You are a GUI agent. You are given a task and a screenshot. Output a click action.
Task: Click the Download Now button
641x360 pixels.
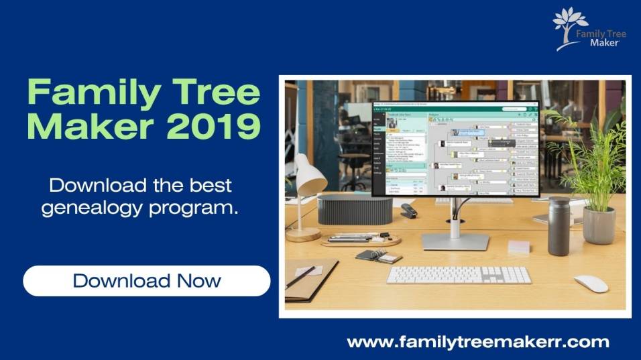coord(147,280)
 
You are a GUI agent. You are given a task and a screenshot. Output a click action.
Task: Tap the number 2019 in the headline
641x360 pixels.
coord(214,127)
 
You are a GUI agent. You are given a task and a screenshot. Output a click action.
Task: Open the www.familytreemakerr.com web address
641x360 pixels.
coord(478,342)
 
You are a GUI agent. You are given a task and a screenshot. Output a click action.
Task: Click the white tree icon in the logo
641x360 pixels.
coord(570,25)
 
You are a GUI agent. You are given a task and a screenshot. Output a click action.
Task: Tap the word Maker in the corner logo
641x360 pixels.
coord(604,43)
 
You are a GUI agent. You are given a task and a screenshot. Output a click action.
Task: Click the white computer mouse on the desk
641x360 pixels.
coord(590,284)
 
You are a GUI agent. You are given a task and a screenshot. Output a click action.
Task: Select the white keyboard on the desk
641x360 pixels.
coord(459,275)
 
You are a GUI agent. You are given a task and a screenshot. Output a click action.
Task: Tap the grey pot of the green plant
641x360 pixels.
coord(599,225)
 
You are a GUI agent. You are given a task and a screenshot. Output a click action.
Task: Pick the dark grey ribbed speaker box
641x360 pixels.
coord(354,210)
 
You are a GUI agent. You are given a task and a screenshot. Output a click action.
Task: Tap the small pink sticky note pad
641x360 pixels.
coord(519,246)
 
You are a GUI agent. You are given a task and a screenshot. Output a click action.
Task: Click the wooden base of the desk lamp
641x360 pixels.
coord(303,234)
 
